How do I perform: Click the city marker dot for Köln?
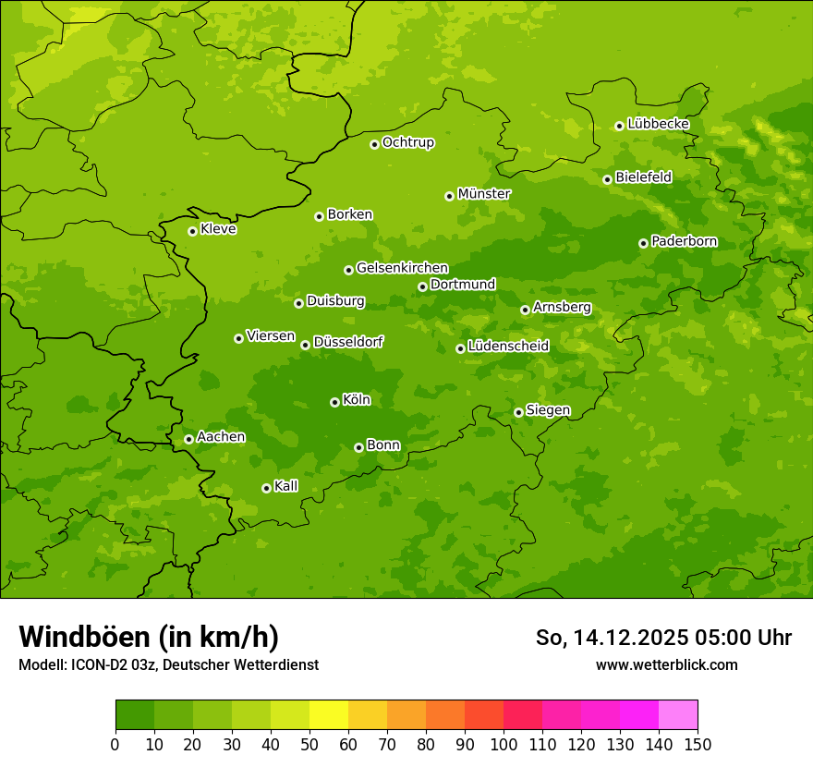(x=334, y=402)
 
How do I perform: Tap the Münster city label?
(x=483, y=194)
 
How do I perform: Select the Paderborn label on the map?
(x=684, y=241)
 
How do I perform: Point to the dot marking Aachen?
(x=188, y=439)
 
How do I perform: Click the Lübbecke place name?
(x=658, y=124)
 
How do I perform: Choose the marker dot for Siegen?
(x=518, y=412)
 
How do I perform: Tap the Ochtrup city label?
(x=407, y=142)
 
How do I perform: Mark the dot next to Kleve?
(x=192, y=231)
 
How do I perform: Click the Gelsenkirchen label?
(x=402, y=268)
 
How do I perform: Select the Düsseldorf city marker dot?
(x=305, y=345)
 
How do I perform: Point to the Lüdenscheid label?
(x=508, y=347)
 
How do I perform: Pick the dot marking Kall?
(x=266, y=488)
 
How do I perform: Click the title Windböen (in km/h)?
(x=149, y=637)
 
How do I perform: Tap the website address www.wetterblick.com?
(x=666, y=664)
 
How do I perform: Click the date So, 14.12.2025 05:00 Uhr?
(x=663, y=638)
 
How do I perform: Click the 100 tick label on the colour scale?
(x=504, y=745)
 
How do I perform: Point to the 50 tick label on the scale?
(x=309, y=745)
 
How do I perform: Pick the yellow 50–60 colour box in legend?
(x=329, y=715)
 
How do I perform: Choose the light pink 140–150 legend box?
(x=678, y=715)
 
